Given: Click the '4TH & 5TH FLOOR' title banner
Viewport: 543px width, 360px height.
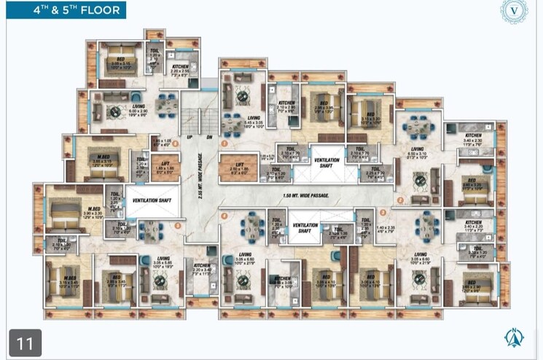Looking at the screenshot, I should (x=63, y=9).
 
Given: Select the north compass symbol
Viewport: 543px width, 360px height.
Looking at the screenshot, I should (x=515, y=337).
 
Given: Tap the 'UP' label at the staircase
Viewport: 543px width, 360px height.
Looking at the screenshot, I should (x=188, y=136).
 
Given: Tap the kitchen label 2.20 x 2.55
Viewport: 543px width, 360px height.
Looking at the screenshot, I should (x=180, y=69).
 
